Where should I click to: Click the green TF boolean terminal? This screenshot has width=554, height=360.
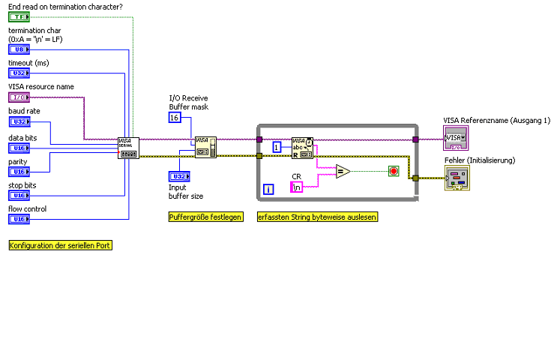(x=18, y=16)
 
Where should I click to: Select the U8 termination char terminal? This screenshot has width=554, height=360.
(x=18, y=49)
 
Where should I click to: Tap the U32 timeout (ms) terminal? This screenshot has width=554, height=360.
(x=18, y=73)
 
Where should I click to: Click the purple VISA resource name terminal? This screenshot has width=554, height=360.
(x=18, y=97)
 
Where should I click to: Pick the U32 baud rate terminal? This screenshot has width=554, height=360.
(x=18, y=121)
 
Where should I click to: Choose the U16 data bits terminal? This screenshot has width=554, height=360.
(x=18, y=148)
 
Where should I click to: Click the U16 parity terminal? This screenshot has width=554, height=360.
(x=18, y=172)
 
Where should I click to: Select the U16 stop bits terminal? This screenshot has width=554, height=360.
(x=18, y=195)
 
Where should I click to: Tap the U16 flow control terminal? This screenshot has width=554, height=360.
(x=18, y=219)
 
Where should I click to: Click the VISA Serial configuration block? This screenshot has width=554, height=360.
(x=128, y=148)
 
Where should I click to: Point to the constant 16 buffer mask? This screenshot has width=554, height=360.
(x=174, y=118)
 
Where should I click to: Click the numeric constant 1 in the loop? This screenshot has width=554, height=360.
(x=277, y=147)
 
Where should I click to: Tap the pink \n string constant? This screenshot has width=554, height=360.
(x=298, y=187)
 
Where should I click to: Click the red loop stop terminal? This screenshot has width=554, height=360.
(x=393, y=172)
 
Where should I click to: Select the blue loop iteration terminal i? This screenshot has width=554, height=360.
(x=268, y=190)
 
